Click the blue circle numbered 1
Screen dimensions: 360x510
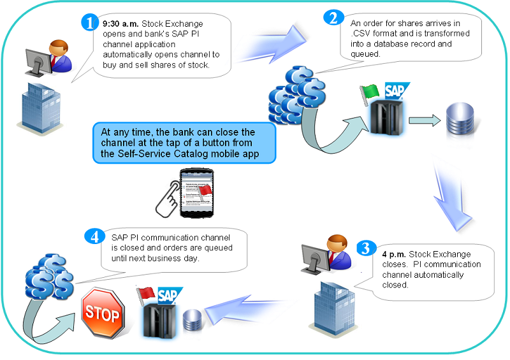coord(89,23)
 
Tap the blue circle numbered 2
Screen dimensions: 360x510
coord(333,17)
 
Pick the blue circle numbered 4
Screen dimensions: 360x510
coord(94,236)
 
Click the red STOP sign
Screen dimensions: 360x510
coord(101,313)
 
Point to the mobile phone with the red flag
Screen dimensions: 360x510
coord(195,191)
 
